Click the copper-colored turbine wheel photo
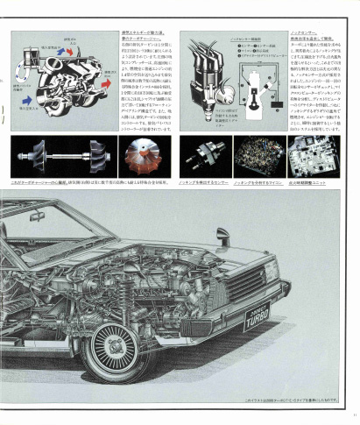tap(145, 156)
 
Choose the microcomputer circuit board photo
tap(258, 156)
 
